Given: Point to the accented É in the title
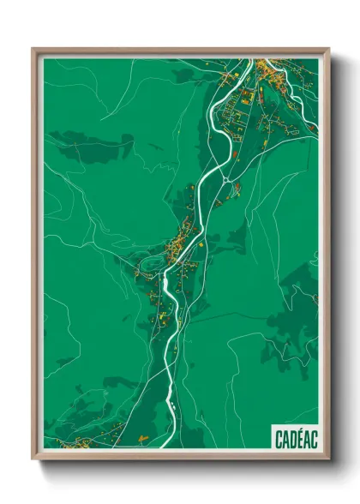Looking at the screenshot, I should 299,440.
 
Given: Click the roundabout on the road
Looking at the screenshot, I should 225,179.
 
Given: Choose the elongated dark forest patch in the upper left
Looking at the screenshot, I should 90,141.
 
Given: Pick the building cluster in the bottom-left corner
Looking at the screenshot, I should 73,442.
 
